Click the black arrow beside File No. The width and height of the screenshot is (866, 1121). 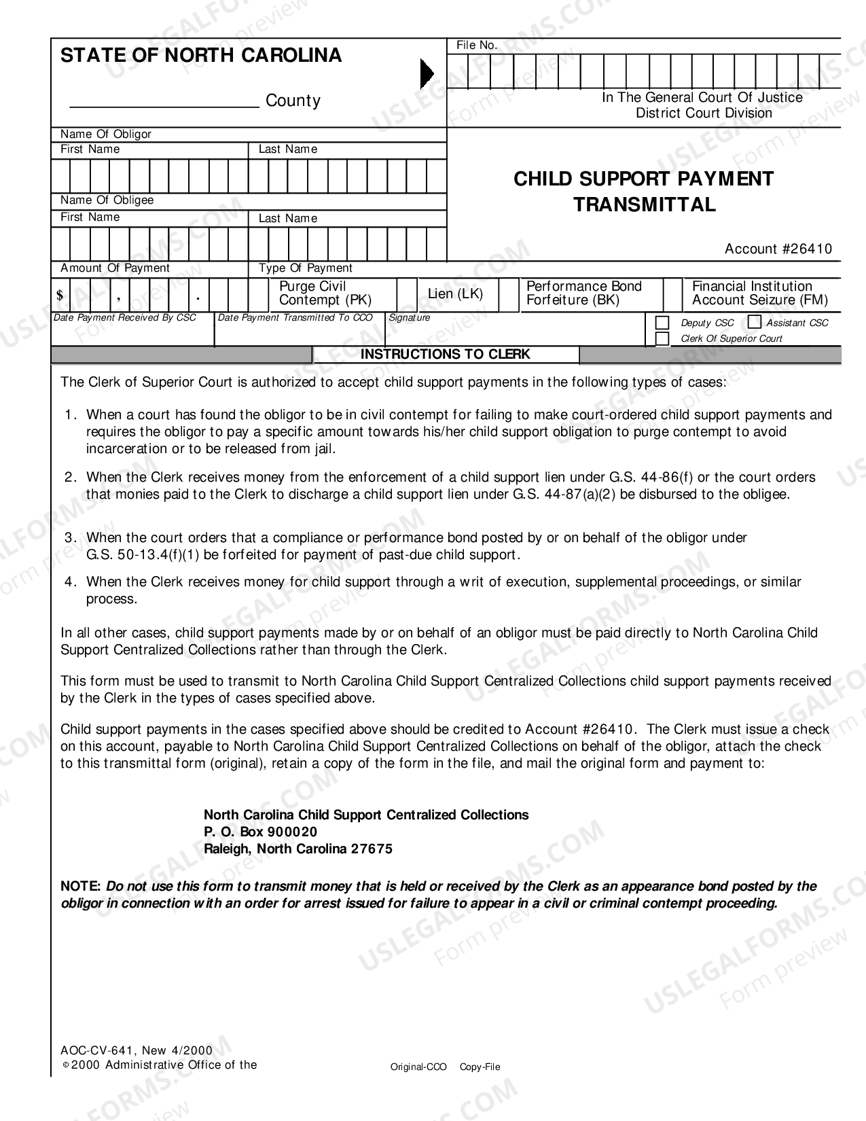[427, 73]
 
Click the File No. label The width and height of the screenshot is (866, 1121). [477, 46]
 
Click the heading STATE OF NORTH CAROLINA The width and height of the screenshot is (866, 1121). [201, 55]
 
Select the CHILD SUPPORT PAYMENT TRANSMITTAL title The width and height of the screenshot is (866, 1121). [643, 191]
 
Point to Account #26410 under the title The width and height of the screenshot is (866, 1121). [778, 249]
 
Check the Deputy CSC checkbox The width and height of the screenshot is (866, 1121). [662, 323]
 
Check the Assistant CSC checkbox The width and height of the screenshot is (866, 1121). [755, 322]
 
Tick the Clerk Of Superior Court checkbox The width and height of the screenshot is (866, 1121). [662, 338]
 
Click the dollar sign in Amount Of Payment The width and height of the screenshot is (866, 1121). [60, 296]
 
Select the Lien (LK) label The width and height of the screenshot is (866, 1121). [455, 293]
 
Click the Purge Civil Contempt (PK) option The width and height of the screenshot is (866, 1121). [325, 293]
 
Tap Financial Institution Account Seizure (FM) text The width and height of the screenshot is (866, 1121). [759, 293]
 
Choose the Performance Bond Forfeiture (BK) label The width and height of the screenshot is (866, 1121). [583, 293]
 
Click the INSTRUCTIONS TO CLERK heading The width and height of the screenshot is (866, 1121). [445, 355]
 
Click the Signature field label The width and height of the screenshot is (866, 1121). [410, 317]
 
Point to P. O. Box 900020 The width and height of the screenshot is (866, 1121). [260, 832]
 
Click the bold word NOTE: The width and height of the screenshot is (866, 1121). [81, 886]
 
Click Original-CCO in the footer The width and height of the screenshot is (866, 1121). [418, 1067]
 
